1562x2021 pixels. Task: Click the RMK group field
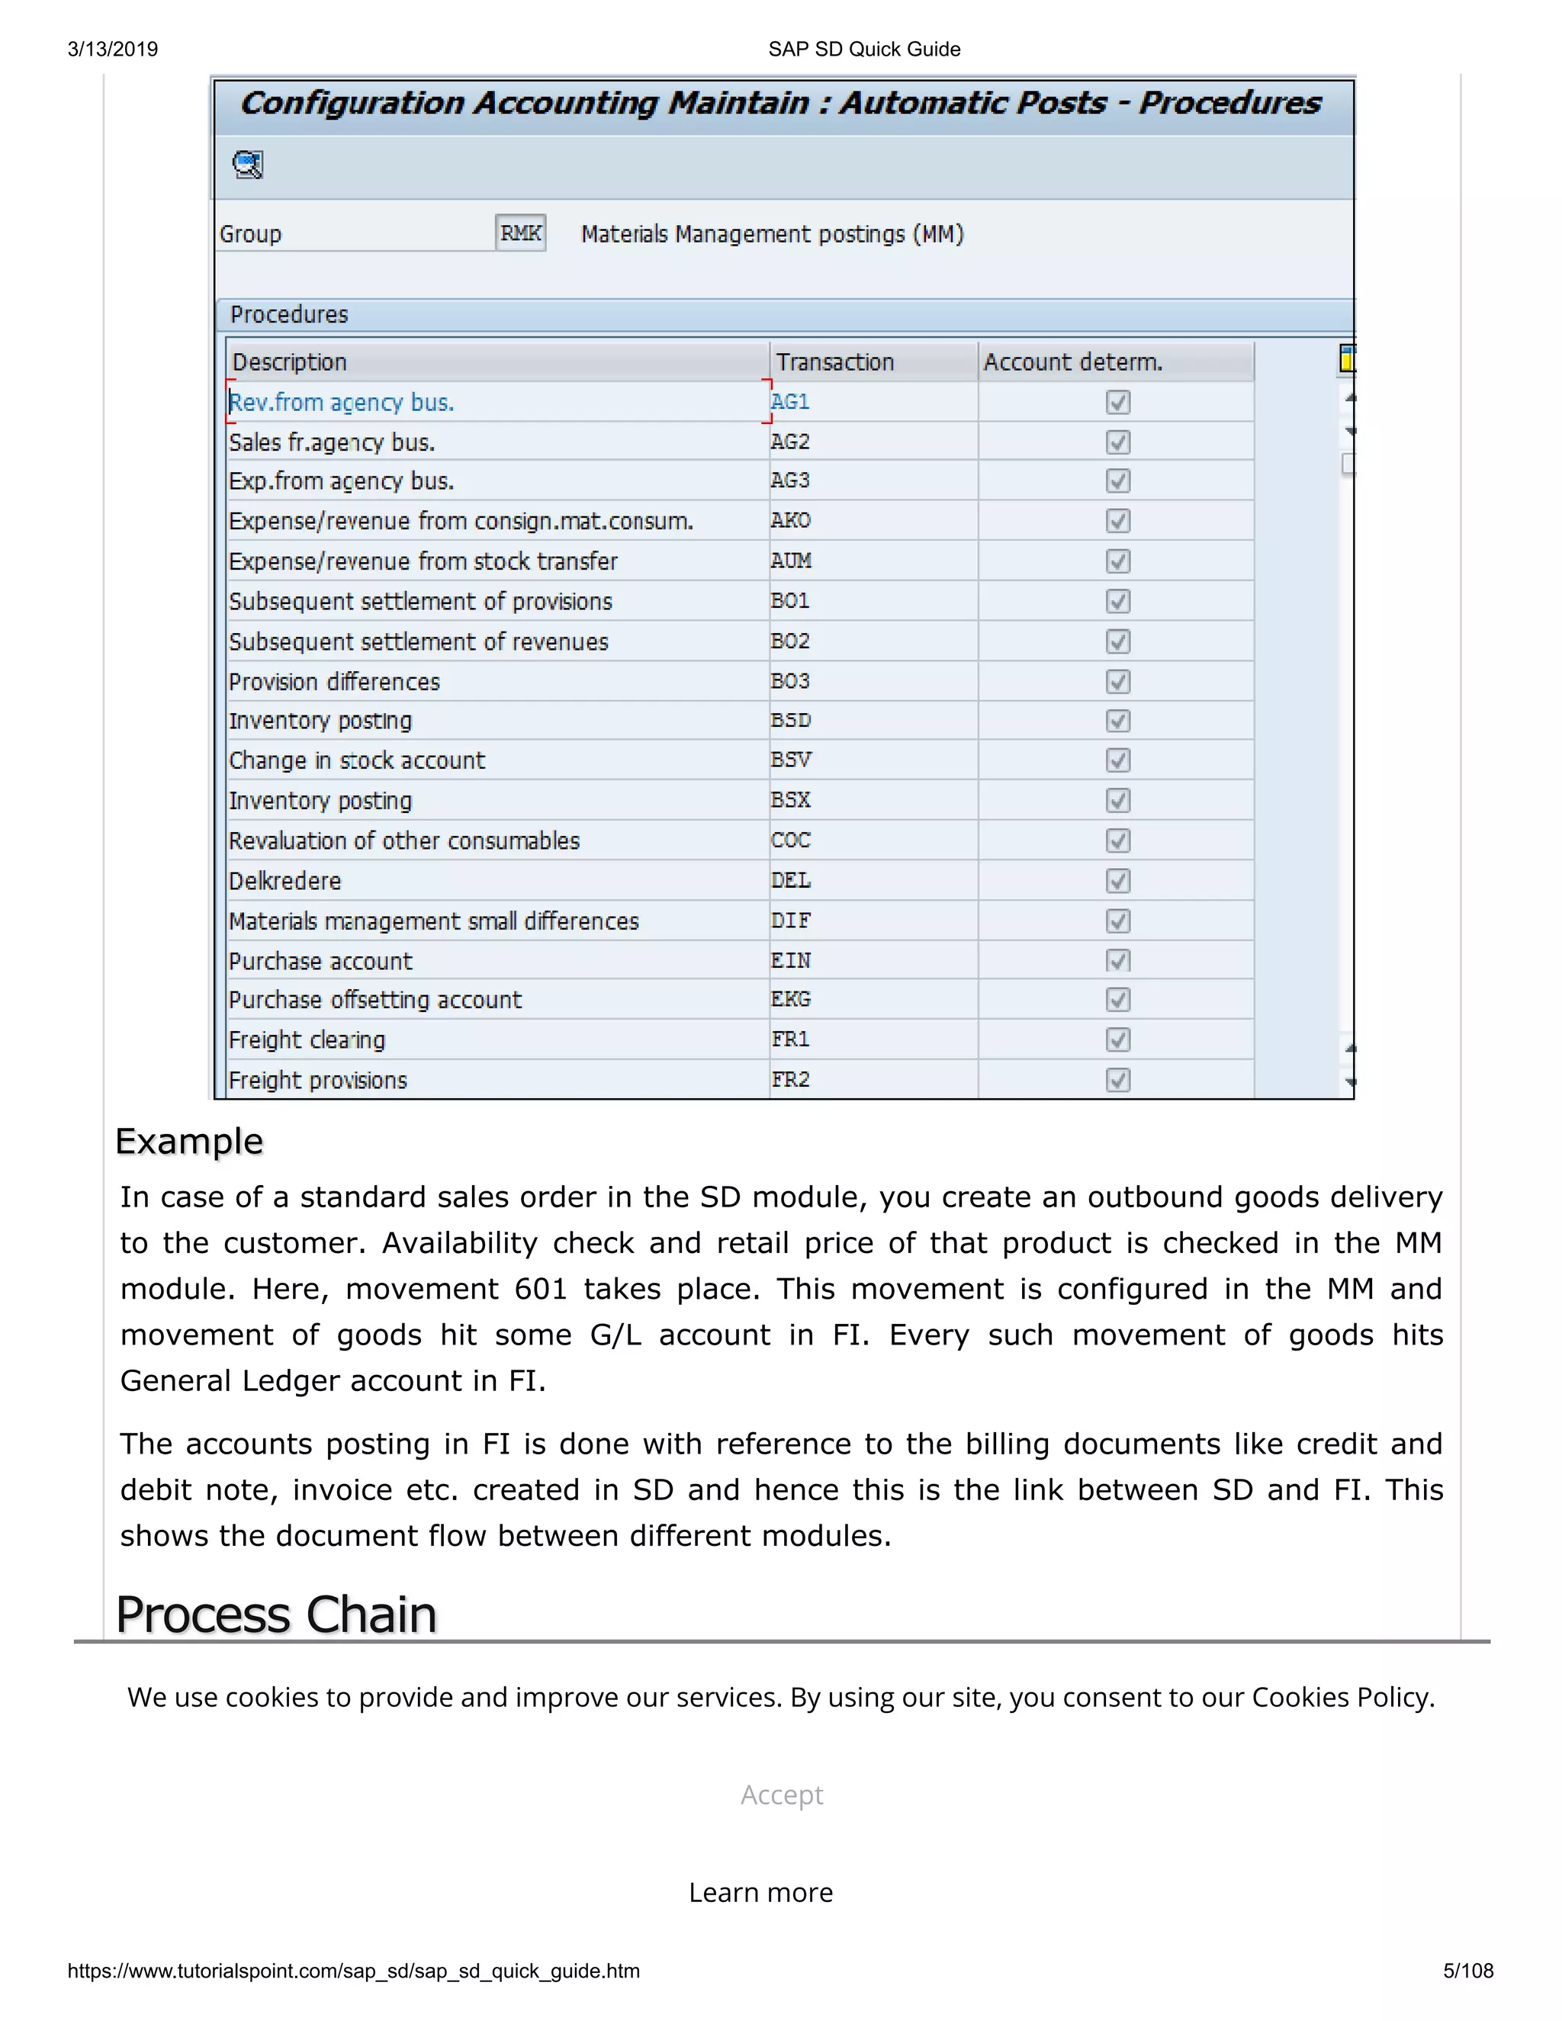[x=520, y=233]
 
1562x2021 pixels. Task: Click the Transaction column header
[x=834, y=361]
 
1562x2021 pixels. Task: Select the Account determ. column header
[x=1072, y=361]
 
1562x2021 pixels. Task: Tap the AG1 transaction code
[x=790, y=402]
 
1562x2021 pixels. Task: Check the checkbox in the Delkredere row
[x=1118, y=881]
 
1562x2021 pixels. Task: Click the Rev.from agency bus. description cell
[x=342, y=403]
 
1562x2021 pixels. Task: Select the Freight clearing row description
[x=307, y=1040]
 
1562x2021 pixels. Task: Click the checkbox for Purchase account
[x=1118, y=960]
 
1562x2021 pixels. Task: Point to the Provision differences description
[x=334, y=682]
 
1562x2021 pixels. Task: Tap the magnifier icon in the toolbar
[x=248, y=165]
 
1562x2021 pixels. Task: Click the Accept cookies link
[x=781, y=1794]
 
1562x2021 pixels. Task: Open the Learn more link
[x=760, y=1892]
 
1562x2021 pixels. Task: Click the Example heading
[x=190, y=1141]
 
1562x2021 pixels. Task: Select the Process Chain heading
[x=276, y=1615]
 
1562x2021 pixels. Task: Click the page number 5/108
[x=1467, y=1971]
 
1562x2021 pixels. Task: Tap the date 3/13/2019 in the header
[x=113, y=49]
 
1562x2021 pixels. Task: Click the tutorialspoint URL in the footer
[x=353, y=1971]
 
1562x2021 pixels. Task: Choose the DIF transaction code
[x=790, y=921]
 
